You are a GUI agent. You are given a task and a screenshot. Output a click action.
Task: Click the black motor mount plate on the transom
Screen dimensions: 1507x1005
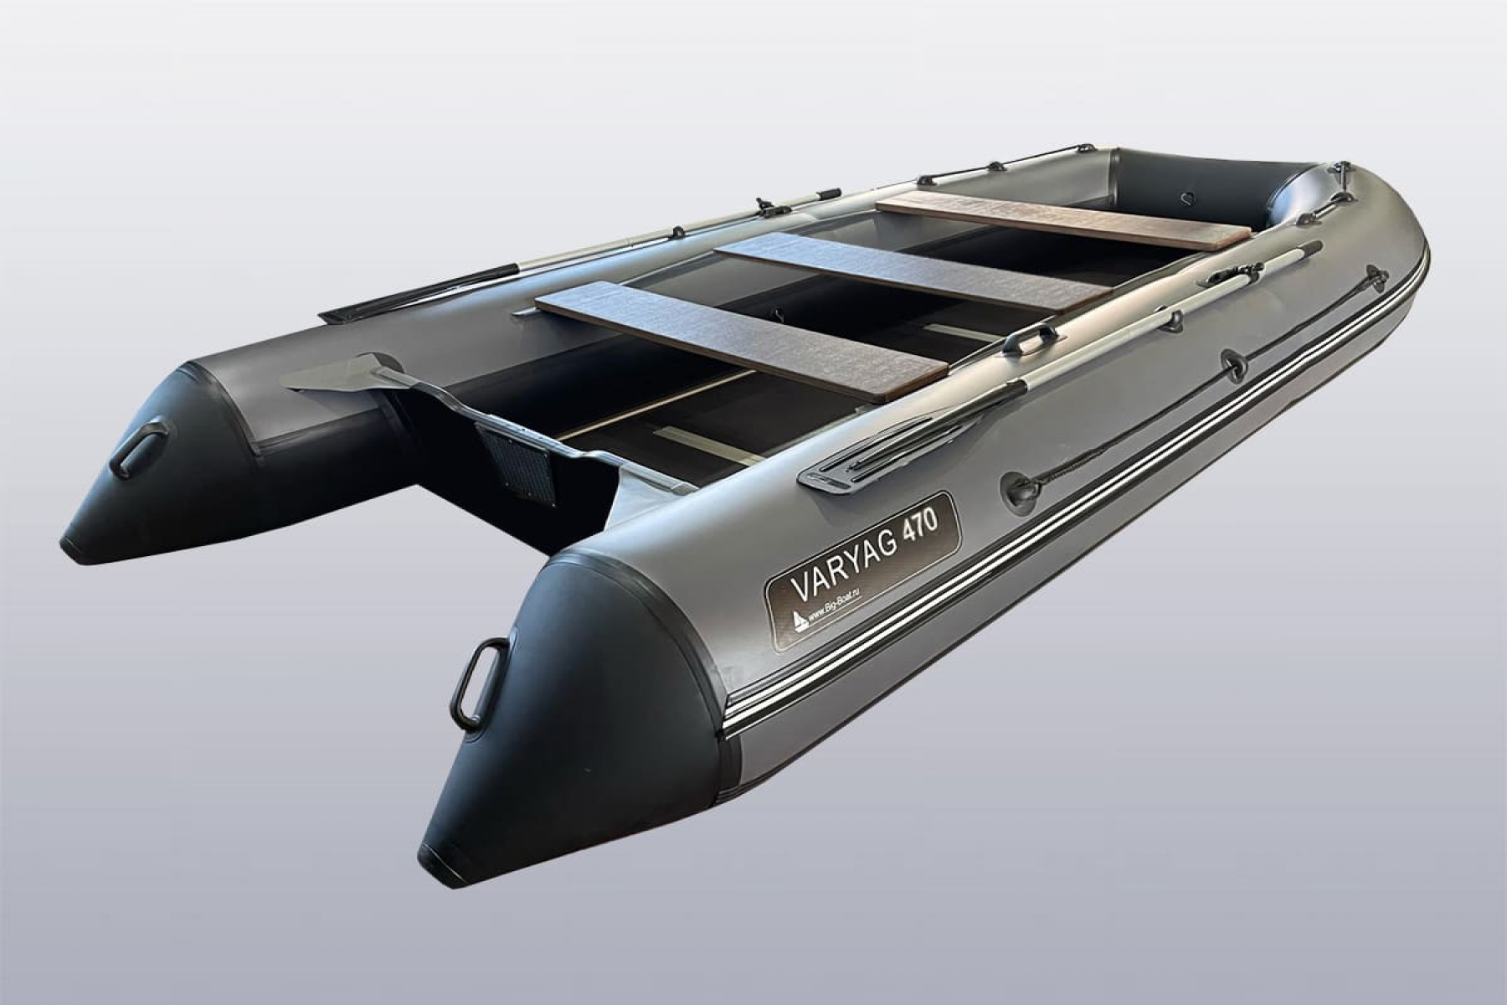pyautogui.click(x=513, y=465)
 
